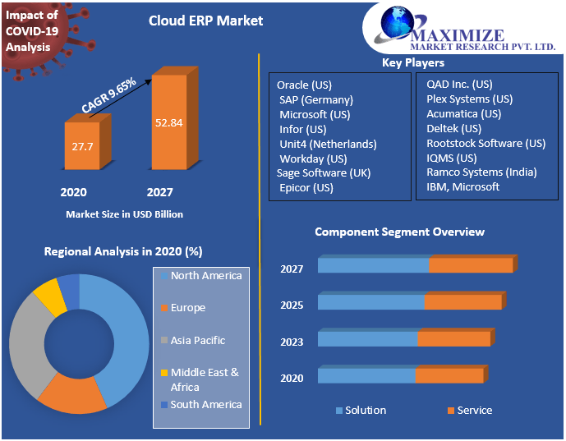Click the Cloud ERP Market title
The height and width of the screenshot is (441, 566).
click(x=206, y=21)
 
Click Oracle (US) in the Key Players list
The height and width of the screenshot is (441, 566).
click(x=304, y=85)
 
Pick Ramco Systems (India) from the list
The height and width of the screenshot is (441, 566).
click(x=481, y=172)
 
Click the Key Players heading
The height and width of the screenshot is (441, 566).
click(x=412, y=63)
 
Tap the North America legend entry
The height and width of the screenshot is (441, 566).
click(x=205, y=276)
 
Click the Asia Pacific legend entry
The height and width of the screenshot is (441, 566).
click(x=197, y=340)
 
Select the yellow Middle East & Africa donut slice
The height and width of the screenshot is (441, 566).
click(x=48, y=296)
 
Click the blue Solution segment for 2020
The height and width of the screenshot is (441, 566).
click(x=366, y=376)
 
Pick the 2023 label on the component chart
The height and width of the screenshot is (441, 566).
click(x=292, y=342)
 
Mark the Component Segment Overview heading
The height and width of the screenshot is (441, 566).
click(x=399, y=232)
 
